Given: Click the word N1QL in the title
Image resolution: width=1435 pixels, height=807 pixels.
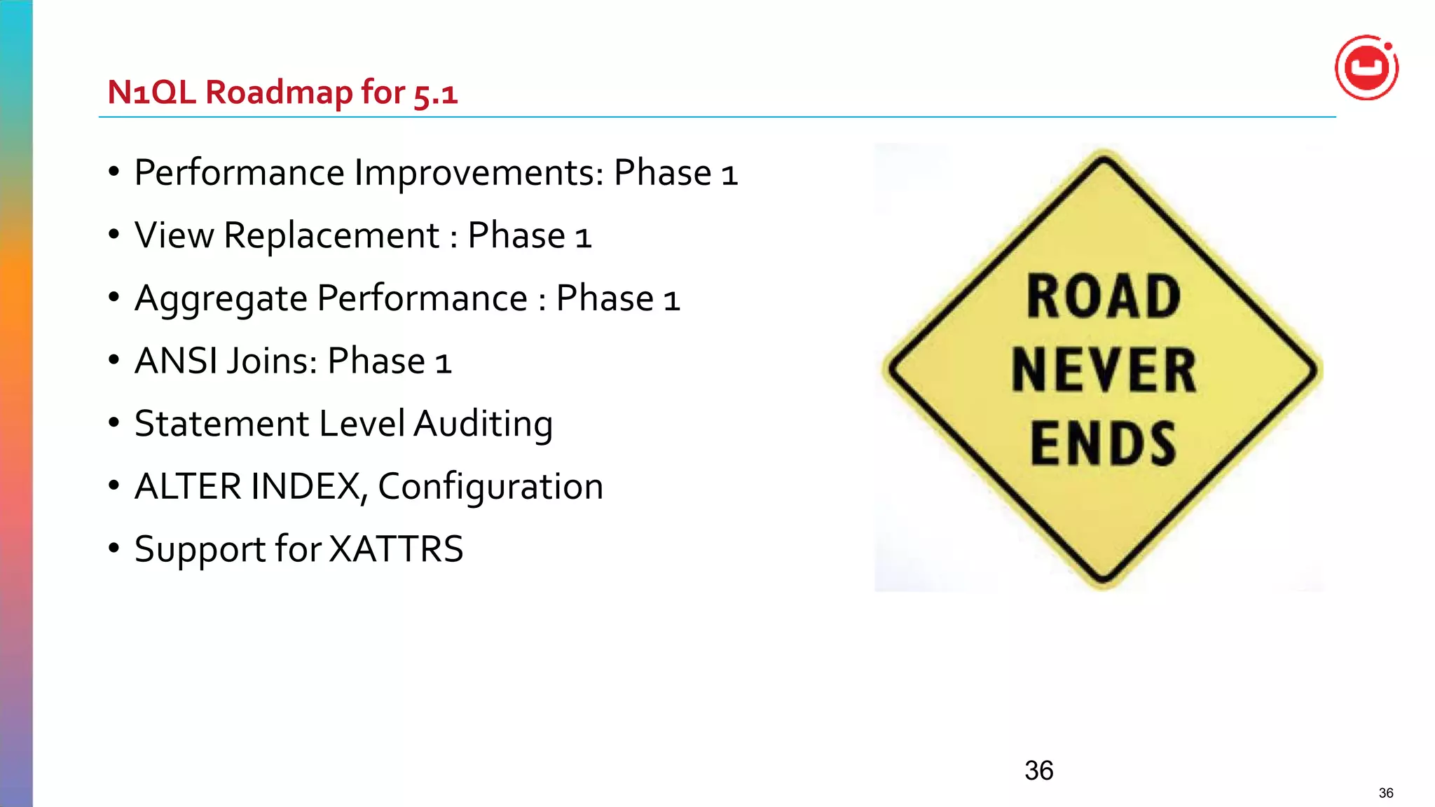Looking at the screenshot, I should (151, 92).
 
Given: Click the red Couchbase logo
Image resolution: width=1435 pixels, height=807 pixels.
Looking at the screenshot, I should (1366, 68).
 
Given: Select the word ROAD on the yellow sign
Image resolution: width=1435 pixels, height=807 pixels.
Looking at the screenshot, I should (1104, 297).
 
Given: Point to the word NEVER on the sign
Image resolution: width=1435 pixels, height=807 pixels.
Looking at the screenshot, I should (1104, 371).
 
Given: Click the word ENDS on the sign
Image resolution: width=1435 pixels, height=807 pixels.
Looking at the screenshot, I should (1104, 443).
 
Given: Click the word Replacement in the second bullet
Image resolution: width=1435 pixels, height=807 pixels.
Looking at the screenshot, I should (331, 235).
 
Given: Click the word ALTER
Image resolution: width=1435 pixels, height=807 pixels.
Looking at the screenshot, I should (188, 486).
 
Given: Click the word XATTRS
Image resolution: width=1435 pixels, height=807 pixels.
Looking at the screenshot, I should (396, 549).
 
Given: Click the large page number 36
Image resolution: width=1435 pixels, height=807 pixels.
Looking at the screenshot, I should (1038, 771).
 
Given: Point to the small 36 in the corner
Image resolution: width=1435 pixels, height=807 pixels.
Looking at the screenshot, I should (1386, 793).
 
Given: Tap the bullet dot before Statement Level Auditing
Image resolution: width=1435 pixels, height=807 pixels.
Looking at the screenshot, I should (114, 422).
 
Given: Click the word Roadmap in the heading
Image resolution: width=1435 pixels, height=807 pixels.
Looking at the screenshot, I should (279, 92).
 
